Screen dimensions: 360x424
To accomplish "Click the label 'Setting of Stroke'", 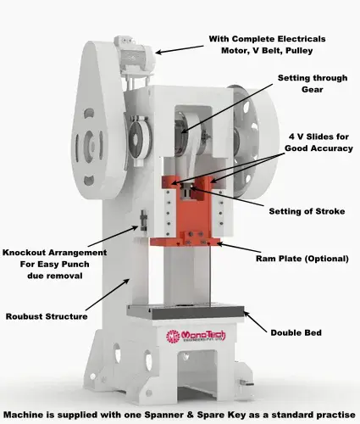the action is click(x=307, y=211).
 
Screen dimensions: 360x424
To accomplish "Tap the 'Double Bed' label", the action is click(x=296, y=332).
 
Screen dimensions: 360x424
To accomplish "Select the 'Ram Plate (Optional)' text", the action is click(x=302, y=259).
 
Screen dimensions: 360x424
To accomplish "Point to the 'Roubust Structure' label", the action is click(x=47, y=316).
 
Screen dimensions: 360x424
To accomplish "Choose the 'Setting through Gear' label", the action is click(x=313, y=84).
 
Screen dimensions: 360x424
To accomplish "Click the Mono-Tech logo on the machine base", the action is click(x=196, y=336).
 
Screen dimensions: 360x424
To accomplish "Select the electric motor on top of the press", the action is click(x=134, y=57).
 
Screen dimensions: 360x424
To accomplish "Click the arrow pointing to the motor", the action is click(x=180, y=49).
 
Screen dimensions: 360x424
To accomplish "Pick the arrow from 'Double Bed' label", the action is click(x=255, y=322).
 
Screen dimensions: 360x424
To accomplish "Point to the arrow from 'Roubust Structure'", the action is click(x=108, y=294).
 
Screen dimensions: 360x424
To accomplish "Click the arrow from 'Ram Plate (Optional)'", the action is click(x=238, y=247).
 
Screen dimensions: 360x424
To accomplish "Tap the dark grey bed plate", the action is click(x=186, y=312).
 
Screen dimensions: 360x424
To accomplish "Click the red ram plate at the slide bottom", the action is click(x=185, y=242).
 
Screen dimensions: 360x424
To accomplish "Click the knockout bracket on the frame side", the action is click(x=144, y=220).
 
